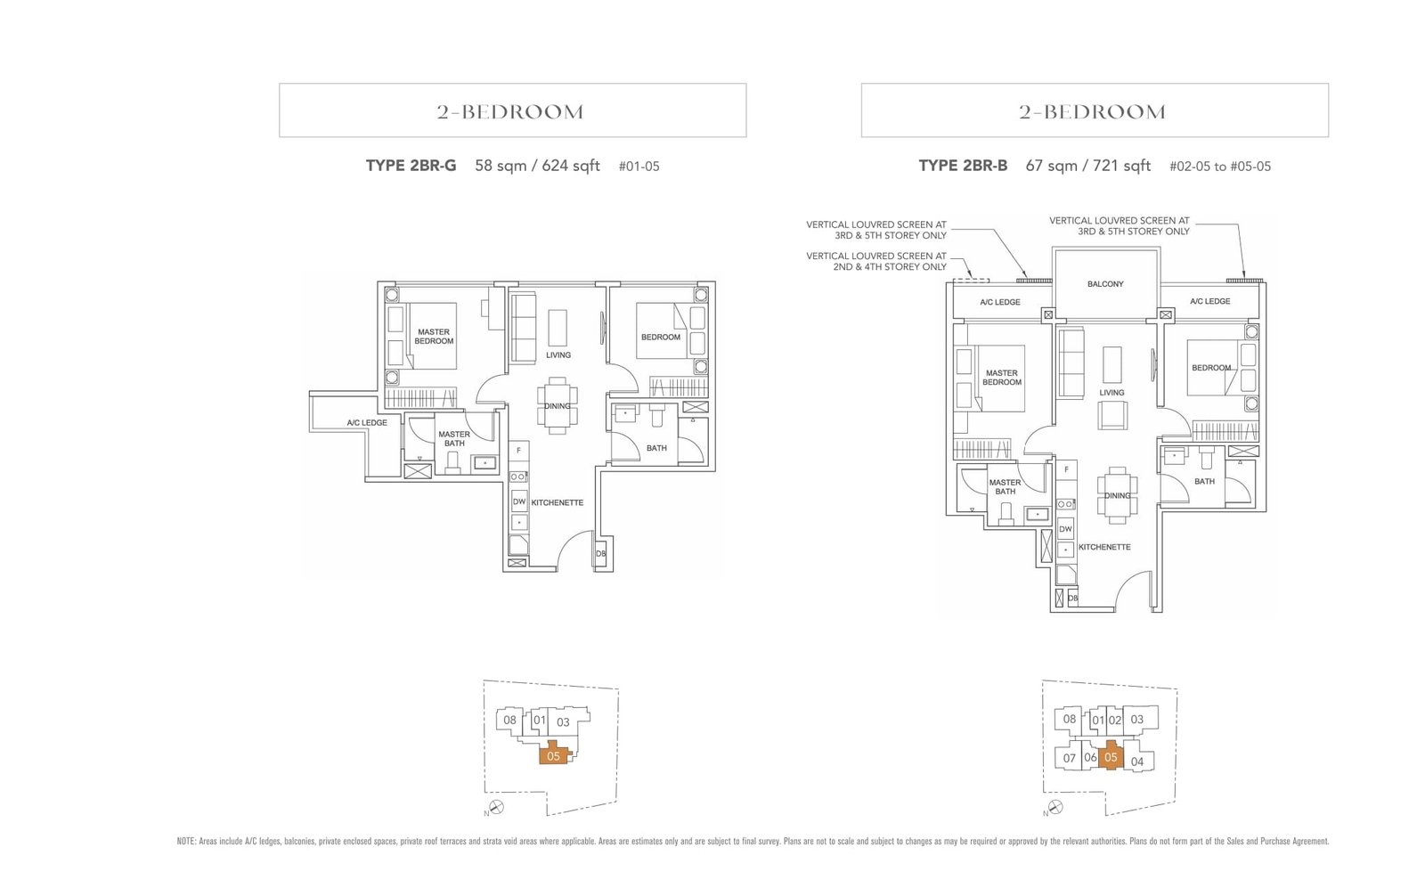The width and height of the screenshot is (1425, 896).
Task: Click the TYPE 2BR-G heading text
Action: (411, 166)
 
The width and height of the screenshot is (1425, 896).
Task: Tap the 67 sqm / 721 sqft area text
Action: (1087, 166)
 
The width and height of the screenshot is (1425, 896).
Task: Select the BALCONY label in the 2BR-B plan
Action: (1105, 284)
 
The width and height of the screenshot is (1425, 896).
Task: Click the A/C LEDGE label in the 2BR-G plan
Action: (367, 423)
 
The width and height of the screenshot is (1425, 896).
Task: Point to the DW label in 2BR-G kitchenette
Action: (518, 502)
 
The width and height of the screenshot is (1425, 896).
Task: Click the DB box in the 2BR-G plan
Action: (600, 554)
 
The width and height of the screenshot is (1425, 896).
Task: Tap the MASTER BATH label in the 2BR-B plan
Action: (1005, 487)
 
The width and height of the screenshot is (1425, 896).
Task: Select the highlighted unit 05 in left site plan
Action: (554, 756)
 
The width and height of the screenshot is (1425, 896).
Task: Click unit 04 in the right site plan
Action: (1137, 762)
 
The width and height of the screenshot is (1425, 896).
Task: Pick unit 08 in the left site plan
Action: (509, 721)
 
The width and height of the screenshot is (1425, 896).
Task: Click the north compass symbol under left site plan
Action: (497, 807)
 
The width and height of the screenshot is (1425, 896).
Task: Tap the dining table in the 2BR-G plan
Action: (558, 406)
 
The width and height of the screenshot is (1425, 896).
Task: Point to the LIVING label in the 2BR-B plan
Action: (1111, 393)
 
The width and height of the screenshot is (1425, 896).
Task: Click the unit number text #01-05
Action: (639, 167)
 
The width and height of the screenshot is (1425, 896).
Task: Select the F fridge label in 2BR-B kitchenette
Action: (1066, 469)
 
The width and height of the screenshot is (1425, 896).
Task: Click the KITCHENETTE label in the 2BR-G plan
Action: (558, 503)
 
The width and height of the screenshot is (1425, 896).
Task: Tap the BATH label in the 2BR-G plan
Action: (656, 448)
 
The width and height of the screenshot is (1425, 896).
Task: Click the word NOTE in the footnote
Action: (186, 841)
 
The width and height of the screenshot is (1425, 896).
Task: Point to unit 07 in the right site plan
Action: (1069, 759)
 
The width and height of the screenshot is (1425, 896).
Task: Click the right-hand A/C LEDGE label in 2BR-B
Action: (1209, 302)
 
